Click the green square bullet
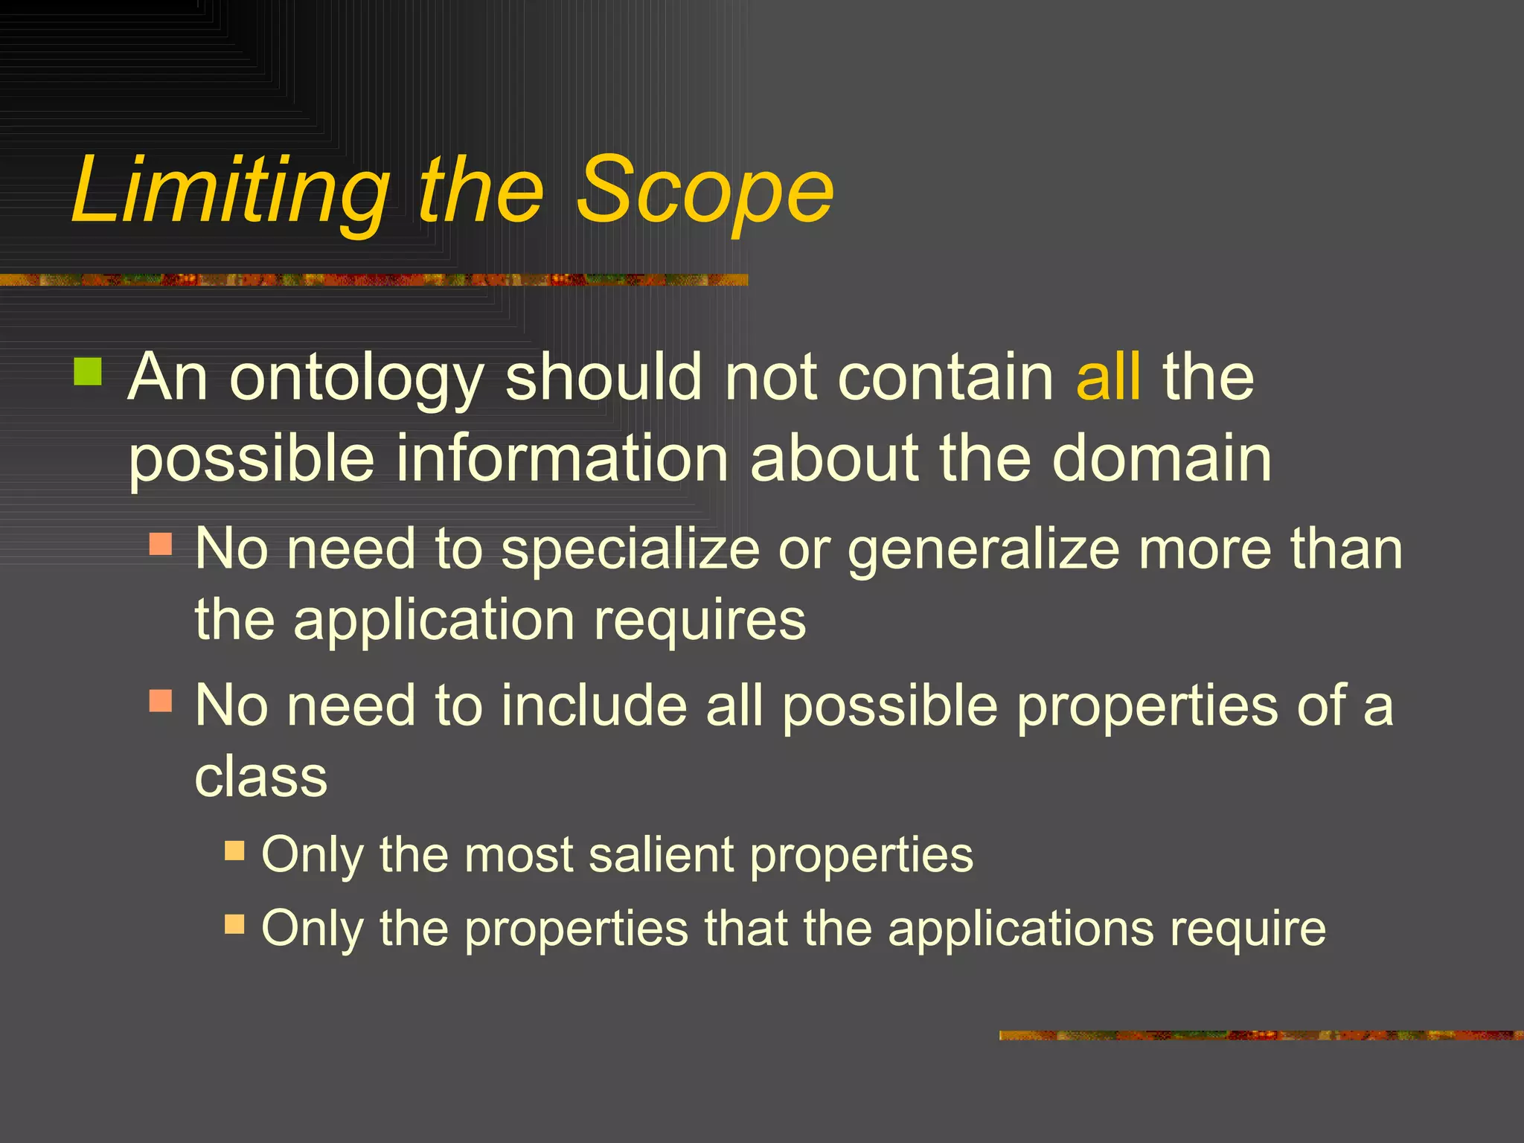(x=88, y=371)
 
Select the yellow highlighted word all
(x=1108, y=377)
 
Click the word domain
(x=1162, y=458)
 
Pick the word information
(x=562, y=458)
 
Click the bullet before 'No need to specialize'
(x=161, y=544)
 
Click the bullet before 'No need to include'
(x=161, y=701)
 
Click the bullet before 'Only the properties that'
(x=234, y=924)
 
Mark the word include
(x=594, y=704)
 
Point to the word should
(x=603, y=377)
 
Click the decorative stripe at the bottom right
(x=1261, y=1035)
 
